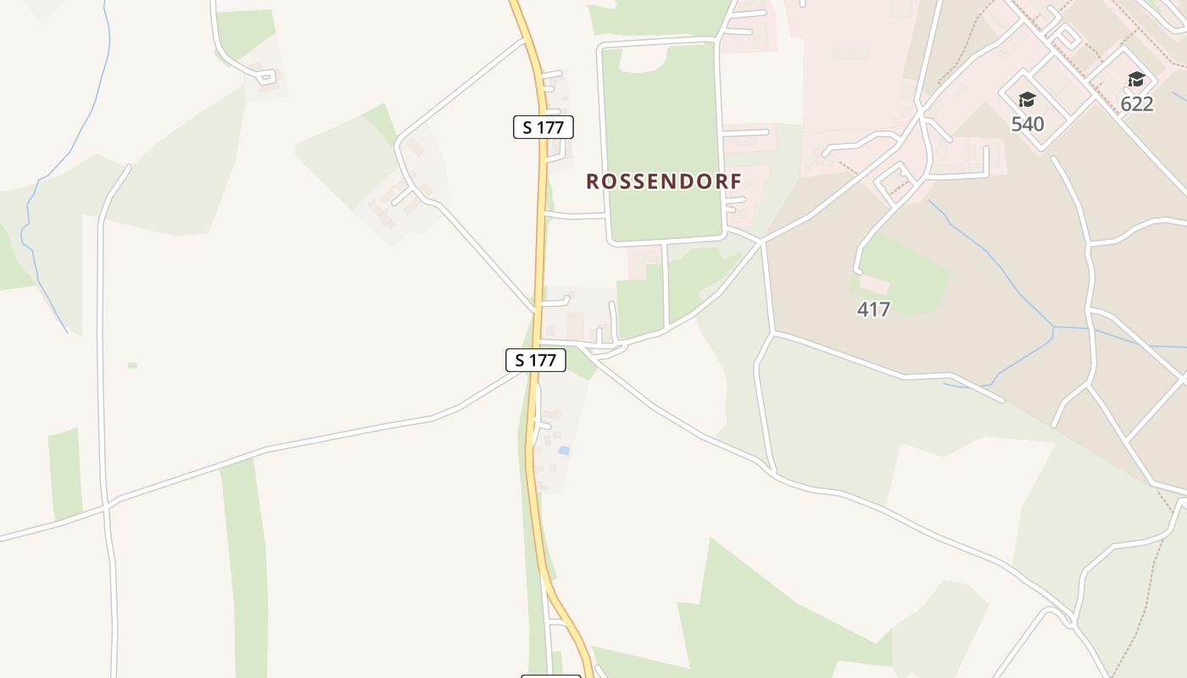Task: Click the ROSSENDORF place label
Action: pos(663,181)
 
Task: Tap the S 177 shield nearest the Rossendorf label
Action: pos(543,128)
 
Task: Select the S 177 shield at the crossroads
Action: pos(536,360)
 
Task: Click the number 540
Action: pos(1027,125)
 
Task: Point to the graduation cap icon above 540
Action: pos(1027,100)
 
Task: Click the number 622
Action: pos(1136,104)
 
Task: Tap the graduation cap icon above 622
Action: pos(1136,80)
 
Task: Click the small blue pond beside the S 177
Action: pos(564,451)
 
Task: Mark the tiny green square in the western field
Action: pos(132,365)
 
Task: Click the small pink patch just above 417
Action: pos(873,284)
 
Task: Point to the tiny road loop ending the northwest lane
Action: pos(266,78)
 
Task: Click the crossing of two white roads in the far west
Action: pos(105,507)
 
